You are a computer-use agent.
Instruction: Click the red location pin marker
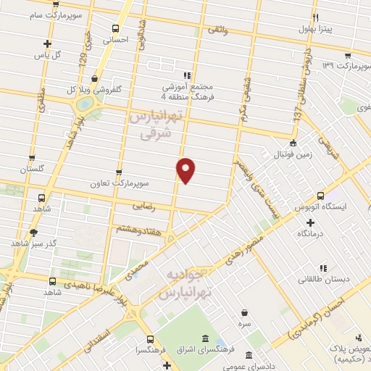click(x=186, y=170)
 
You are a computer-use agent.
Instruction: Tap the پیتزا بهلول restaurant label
click(x=318, y=30)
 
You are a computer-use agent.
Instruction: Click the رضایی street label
click(x=142, y=207)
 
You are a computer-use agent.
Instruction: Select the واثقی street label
click(x=218, y=29)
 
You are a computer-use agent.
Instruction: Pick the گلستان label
click(x=33, y=168)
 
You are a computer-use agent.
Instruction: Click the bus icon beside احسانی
click(x=114, y=29)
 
